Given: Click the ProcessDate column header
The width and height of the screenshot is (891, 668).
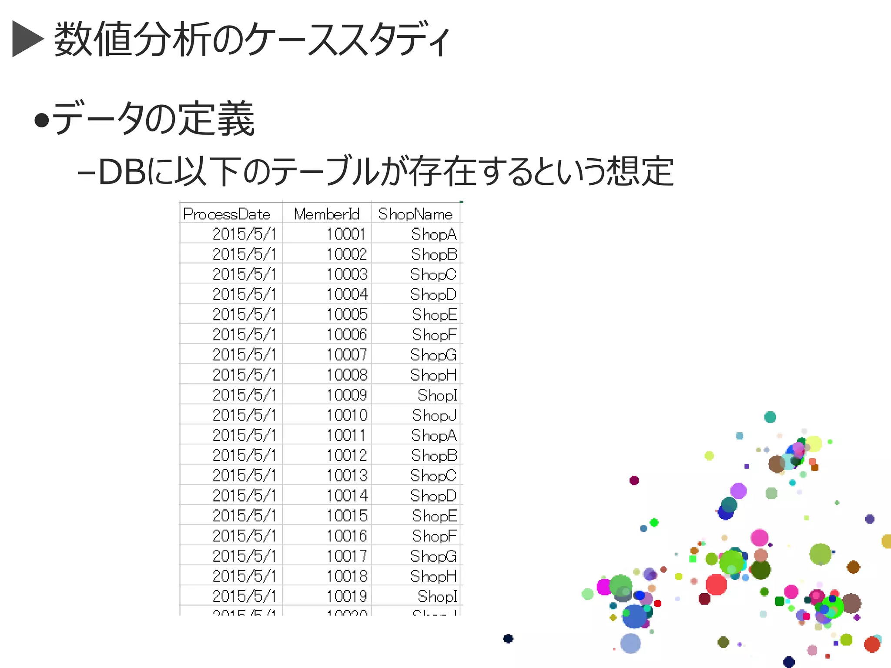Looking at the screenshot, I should click(x=227, y=214).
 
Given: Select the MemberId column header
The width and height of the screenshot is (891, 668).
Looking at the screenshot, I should click(x=327, y=214).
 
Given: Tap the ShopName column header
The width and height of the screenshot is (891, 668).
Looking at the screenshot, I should click(x=415, y=214).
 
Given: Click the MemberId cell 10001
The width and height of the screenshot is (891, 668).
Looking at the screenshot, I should click(x=346, y=234).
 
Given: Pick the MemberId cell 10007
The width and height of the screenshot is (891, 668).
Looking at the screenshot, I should click(x=347, y=355).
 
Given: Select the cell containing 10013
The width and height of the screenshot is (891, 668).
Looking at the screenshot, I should click(x=347, y=475).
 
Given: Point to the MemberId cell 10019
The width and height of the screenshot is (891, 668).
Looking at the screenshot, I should click(x=347, y=596).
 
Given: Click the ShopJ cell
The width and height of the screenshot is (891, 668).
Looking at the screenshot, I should click(x=434, y=415).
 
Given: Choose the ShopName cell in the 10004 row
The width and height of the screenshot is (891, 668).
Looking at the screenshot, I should click(x=433, y=294).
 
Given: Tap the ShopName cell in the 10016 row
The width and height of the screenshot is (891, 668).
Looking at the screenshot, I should click(x=434, y=536).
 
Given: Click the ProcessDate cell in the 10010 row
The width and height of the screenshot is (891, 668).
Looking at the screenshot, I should click(x=244, y=415).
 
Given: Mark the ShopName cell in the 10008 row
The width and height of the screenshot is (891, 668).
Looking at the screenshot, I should click(x=433, y=375).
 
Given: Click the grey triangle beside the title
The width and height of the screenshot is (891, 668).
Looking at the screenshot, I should click(x=27, y=39).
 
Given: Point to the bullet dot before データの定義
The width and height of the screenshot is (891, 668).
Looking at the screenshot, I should click(x=41, y=120).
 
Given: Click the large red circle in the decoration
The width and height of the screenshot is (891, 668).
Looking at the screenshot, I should click(x=716, y=584).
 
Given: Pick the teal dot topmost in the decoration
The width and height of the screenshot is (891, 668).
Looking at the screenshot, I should click(x=770, y=417).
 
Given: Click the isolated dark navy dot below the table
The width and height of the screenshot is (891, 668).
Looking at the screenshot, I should click(x=508, y=638).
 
